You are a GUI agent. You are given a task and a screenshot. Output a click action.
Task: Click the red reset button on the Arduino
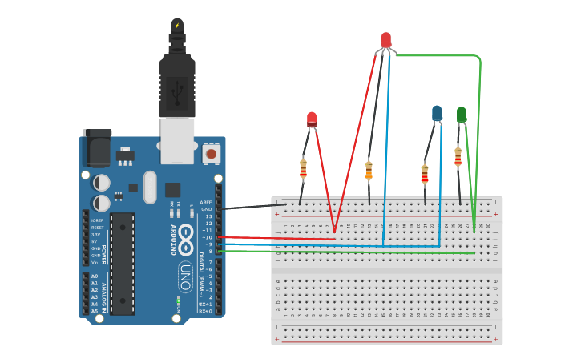211,152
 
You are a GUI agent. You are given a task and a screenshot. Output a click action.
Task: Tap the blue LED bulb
437,114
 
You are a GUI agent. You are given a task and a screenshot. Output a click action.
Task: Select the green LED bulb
461,115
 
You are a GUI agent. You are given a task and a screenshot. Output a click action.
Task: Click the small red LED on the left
312,119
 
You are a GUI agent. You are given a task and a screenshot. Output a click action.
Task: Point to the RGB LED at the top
386,39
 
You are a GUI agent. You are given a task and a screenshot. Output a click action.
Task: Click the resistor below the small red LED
303,168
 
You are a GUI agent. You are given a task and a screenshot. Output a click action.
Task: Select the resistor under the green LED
458,155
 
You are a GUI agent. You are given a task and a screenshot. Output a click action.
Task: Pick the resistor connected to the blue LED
425,173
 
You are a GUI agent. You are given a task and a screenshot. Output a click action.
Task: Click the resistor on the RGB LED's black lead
369,170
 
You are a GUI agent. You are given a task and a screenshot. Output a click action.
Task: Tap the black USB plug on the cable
177,84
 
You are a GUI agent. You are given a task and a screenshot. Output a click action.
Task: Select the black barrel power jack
95,149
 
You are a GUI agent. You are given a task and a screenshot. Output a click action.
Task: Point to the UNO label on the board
184,276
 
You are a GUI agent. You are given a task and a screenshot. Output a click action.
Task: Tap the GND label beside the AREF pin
207,209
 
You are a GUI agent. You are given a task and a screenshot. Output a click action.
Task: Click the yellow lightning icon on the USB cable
177,26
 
